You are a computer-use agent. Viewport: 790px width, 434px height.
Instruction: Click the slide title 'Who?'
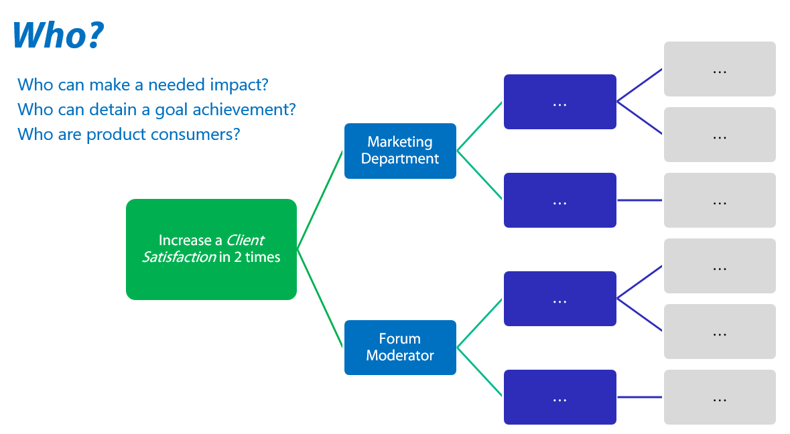58,35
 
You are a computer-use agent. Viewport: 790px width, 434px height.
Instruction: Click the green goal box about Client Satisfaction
211,248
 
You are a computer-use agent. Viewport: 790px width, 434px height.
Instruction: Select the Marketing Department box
400,151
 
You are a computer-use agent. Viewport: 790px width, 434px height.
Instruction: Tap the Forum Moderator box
400,347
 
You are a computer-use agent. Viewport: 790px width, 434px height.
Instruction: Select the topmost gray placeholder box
720,69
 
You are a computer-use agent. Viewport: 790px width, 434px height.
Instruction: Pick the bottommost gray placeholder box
720,397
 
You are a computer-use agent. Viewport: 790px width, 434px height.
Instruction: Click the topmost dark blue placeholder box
559,102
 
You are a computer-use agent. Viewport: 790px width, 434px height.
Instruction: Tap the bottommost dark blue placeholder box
559,397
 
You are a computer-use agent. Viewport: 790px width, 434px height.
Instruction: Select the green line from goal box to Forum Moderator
320,298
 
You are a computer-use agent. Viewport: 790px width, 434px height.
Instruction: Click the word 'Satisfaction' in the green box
179,257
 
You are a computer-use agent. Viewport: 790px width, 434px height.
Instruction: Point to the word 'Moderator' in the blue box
400,356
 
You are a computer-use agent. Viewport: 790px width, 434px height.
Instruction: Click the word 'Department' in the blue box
400,159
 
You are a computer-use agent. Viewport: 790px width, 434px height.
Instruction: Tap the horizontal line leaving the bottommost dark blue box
639,397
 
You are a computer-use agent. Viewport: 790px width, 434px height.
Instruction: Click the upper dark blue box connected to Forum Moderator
559,299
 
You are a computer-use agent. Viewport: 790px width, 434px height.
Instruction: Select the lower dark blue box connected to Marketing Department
559,200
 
